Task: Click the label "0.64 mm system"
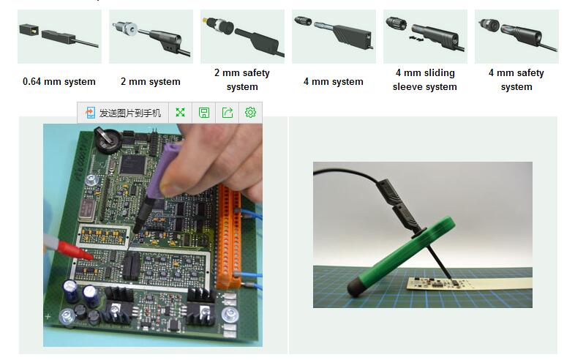point(59,81)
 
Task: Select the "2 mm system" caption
point(151,81)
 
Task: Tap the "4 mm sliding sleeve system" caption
point(425,80)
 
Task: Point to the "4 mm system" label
point(334,81)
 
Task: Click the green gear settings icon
point(250,112)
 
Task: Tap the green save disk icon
point(204,112)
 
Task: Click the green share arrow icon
point(228,112)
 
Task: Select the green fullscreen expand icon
point(181,112)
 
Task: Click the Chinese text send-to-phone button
point(123,113)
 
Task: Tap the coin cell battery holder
point(108,140)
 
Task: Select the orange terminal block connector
point(229,236)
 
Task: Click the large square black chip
point(132,165)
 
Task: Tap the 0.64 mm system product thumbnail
point(59,37)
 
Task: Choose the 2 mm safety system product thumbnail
point(242,37)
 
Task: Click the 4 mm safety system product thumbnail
point(516,37)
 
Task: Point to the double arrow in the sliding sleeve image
point(416,39)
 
